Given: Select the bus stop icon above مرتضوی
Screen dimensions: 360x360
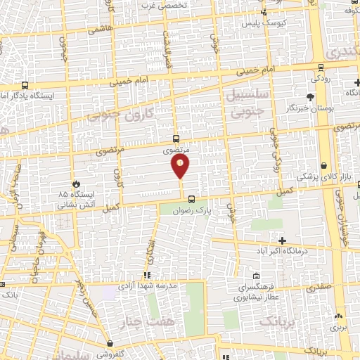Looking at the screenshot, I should click(176, 139).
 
